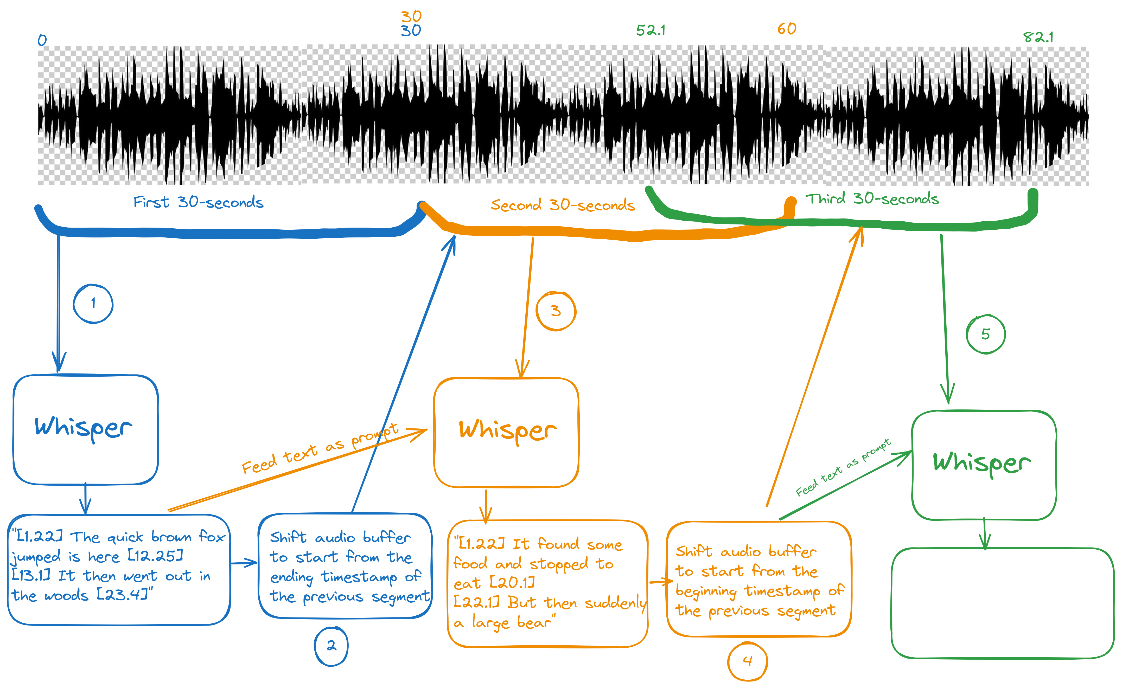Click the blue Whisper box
point(85,429)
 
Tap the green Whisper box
point(984,465)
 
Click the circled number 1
point(93,304)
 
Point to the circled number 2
point(331,646)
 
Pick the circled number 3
point(556,311)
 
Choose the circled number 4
point(747,661)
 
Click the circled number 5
point(985,334)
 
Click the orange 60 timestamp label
point(787,29)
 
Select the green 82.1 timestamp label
point(1038,37)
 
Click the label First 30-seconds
point(198,202)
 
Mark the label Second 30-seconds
point(563,205)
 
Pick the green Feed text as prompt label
point(843,467)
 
